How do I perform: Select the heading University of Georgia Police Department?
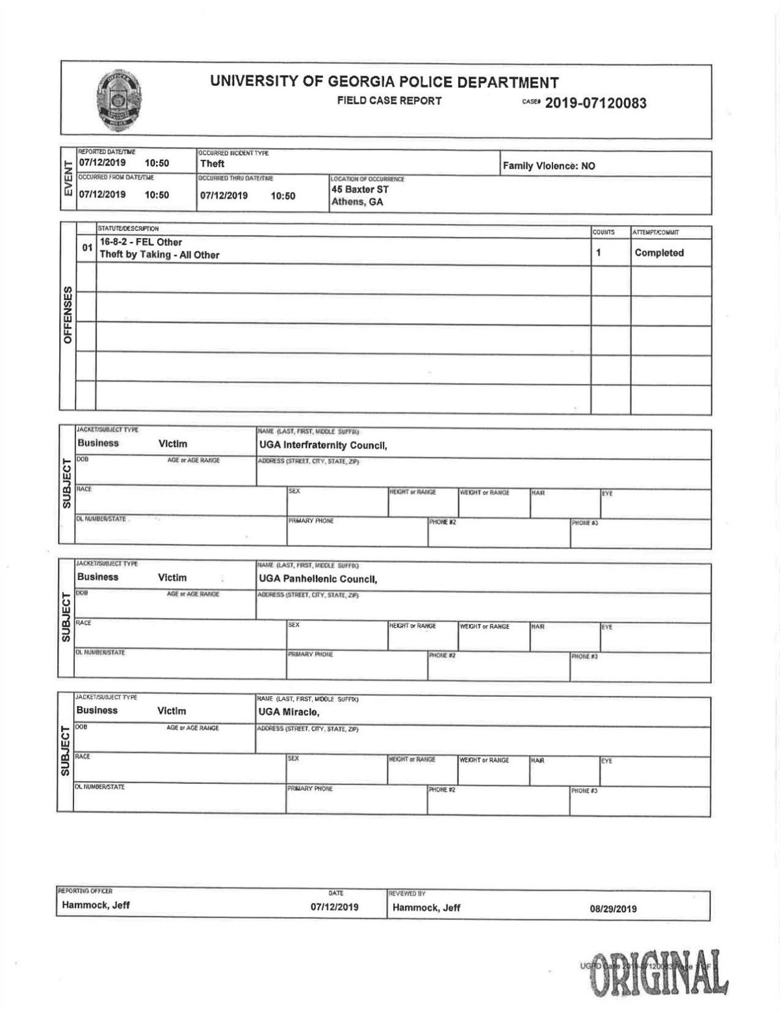click(383, 83)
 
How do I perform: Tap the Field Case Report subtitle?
click(389, 101)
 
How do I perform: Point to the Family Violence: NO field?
click(549, 166)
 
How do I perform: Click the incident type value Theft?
click(212, 164)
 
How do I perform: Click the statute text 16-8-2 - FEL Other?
click(140, 243)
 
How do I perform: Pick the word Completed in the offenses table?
click(659, 253)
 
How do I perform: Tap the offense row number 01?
click(86, 248)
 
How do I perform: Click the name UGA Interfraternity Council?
click(322, 446)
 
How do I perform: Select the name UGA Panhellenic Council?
click(318, 579)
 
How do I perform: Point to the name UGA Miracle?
click(289, 712)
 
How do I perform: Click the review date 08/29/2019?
click(613, 909)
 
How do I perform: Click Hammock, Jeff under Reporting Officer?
click(96, 905)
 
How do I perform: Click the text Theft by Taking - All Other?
click(159, 255)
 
